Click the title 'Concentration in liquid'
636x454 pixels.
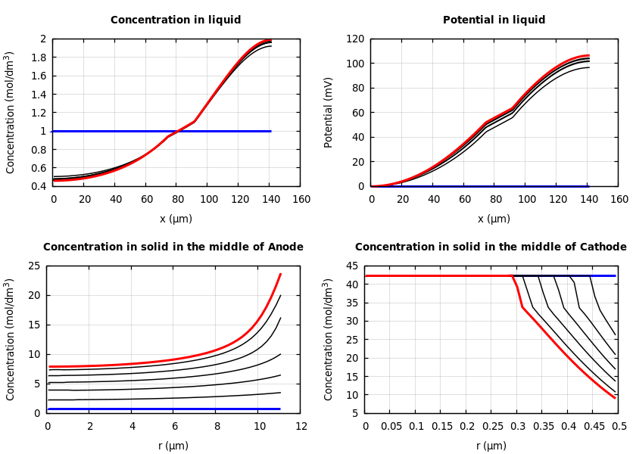pos(176,20)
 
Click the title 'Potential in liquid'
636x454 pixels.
pos(494,20)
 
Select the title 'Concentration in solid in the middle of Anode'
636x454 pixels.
pos(173,247)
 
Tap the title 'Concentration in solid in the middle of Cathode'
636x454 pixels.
pos(491,247)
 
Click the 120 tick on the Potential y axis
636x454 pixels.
pos(355,39)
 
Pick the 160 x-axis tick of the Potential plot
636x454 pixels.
pos(619,199)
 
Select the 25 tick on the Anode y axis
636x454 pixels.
pos(33,266)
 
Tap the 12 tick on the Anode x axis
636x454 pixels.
pos(301,426)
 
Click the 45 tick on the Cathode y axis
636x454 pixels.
pos(351,266)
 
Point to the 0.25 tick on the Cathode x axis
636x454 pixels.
pos(492,426)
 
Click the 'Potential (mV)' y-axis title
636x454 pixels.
pos(329,112)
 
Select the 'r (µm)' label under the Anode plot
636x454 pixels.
pos(173,446)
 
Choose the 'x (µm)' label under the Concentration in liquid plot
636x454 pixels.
pos(176,219)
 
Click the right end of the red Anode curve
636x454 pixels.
pos(280,274)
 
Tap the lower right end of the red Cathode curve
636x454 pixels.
pos(615,397)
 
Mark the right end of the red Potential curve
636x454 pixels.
pos(588,55)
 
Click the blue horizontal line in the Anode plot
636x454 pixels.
pos(163,409)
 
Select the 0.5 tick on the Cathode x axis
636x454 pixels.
pos(619,426)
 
